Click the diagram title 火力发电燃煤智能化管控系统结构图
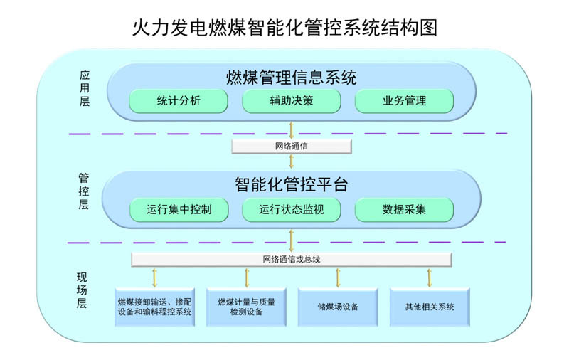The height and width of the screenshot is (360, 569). tap(284, 28)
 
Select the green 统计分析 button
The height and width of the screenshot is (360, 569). tap(179, 101)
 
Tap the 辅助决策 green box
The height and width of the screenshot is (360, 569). tap(292, 101)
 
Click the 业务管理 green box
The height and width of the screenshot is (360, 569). tap(404, 101)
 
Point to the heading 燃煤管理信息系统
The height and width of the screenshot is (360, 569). tap(291, 77)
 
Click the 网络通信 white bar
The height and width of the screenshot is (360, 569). tap(292, 145)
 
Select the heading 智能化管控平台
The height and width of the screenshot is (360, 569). tap(291, 185)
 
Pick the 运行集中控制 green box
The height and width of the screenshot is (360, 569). tap(179, 210)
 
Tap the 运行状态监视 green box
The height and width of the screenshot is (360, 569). tap(292, 210)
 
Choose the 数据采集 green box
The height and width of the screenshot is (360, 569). tap(404, 210)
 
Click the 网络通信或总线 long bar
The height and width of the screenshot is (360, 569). tap(292, 259)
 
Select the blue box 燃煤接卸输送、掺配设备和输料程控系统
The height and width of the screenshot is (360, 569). tap(155, 307)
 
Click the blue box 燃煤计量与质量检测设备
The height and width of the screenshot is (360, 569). tap(247, 307)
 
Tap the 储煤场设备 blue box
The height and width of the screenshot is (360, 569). tap(338, 307)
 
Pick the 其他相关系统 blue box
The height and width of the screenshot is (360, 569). tap(430, 307)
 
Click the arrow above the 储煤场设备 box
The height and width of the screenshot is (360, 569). tap(338, 277)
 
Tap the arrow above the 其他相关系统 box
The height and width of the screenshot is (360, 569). tap(430, 277)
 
